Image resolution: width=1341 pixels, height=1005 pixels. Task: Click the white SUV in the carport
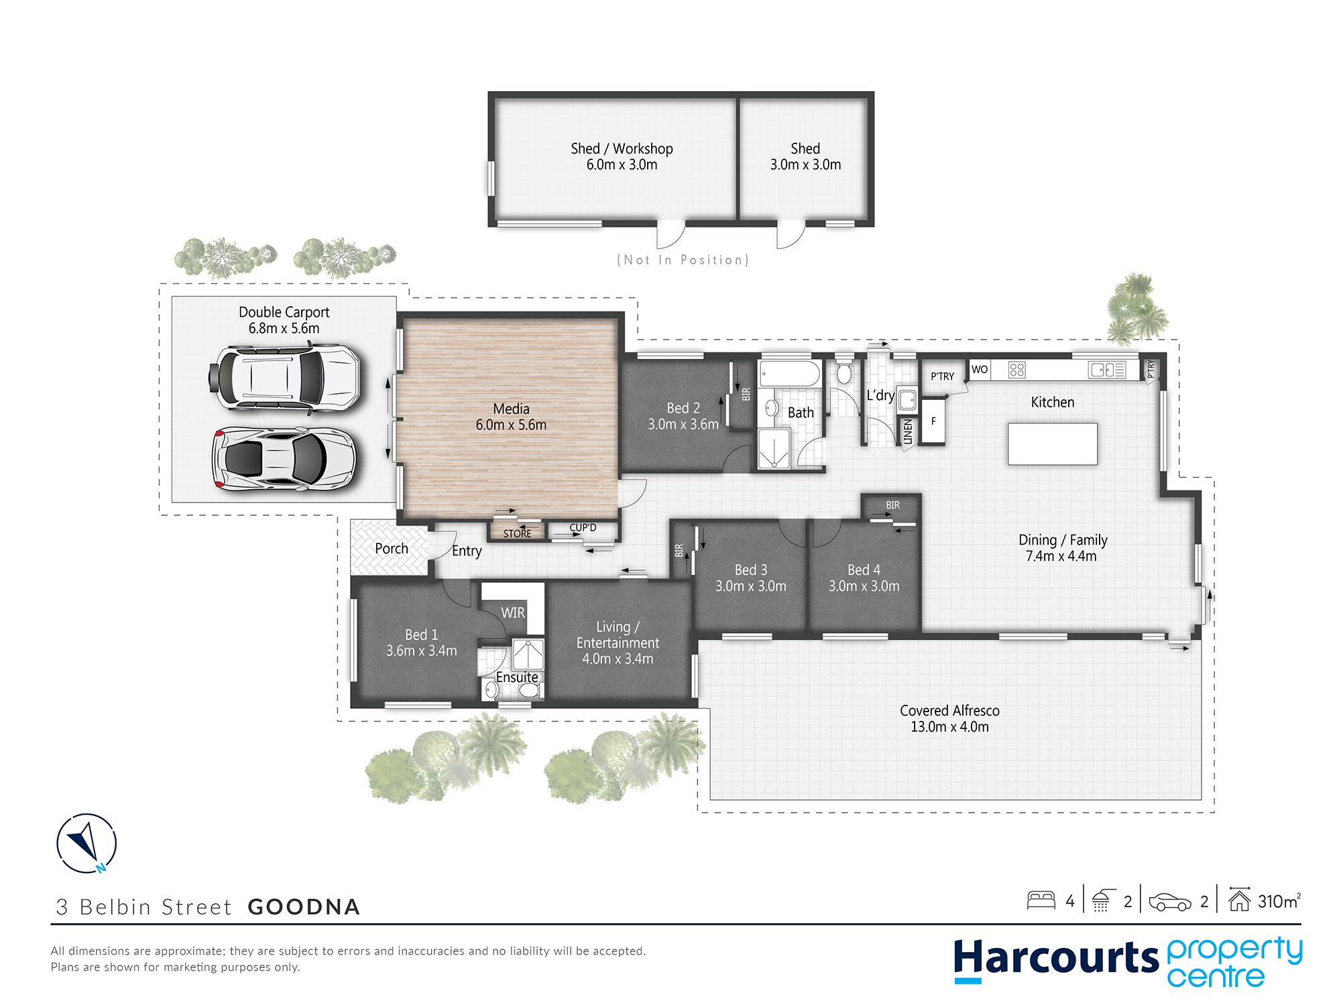pos(285,377)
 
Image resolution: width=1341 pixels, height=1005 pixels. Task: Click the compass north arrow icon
pos(86,843)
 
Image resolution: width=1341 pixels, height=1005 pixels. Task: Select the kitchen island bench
pos(1053,444)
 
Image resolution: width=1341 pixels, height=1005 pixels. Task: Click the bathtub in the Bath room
pos(789,374)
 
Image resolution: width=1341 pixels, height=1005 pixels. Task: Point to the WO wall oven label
pos(980,369)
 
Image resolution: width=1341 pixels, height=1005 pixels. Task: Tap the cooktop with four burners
pos(1016,369)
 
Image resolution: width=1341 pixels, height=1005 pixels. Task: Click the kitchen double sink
pos(1107,369)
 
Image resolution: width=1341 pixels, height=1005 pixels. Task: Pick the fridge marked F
pos(933,421)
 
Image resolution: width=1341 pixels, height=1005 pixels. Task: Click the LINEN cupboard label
pos(908,431)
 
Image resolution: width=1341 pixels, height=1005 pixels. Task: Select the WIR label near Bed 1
pos(513,612)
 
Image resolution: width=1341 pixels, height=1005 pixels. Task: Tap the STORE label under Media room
pos(517,533)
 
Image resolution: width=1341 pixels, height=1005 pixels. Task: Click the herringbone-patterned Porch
pos(389,548)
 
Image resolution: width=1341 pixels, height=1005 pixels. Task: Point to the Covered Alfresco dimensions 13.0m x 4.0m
pos(949,727)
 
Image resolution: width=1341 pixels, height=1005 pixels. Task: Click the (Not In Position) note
pos(683,260)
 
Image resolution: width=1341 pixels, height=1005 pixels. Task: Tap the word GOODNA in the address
pos(304,907)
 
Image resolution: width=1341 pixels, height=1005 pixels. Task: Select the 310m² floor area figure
pos(1278,901)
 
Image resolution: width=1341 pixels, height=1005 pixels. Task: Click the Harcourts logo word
pos(1055,958)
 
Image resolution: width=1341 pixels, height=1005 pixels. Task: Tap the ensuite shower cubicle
pos(528,654)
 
